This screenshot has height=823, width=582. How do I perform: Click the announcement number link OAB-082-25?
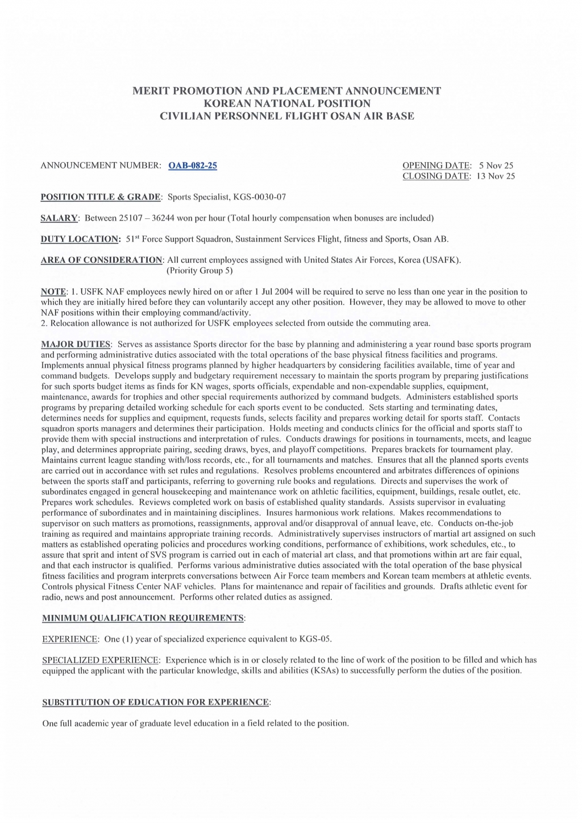click(193, 166)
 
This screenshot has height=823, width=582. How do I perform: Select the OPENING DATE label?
click(436, 166)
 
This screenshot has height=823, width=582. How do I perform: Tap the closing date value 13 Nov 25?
click(496, 176)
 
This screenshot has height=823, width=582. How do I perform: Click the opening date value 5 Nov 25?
click(496, 166)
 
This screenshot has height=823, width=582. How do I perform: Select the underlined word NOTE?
click(53, 292)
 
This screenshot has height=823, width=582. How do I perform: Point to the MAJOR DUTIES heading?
click(76, 345)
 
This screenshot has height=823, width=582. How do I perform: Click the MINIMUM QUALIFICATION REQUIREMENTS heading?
click(143, 618)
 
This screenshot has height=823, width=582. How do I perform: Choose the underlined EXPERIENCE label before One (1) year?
click(70, 639)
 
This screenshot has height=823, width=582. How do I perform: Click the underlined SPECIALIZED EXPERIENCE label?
click(101, 660)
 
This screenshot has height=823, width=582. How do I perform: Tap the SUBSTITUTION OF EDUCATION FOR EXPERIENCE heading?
click(156, 702)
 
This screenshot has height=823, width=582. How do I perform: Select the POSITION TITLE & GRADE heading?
click(101, 197)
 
